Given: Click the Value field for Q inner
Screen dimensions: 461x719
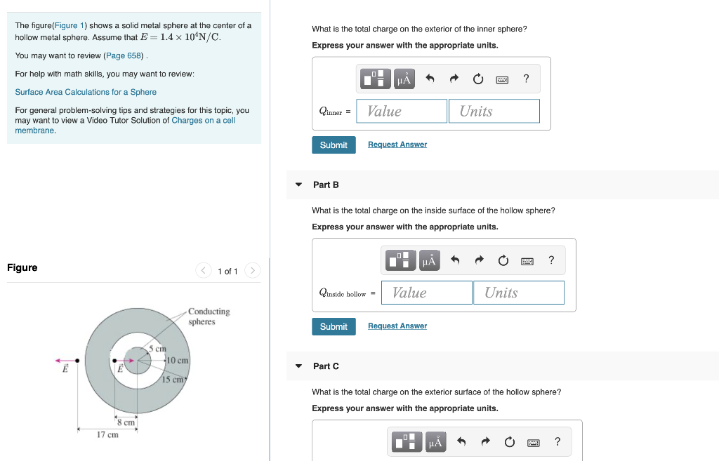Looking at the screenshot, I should pyautogui.click(x=401, y=111).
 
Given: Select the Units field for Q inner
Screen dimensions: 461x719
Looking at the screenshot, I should pyautogui.click(x=494, y=111).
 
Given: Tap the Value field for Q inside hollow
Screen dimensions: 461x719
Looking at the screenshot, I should pyautogui.click(x=426, y=293).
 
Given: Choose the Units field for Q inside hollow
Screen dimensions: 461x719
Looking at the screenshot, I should pyautogui.click(x=518, y=293).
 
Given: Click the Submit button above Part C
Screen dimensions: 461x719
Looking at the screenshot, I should pyautogui.click(x=334, y=326).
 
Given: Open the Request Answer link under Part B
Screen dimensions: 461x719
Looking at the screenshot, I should pyautogui.click(x=397, y=326).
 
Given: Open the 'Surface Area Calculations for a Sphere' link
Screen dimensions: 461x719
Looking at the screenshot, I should pyautogui.click(x=86, y=92).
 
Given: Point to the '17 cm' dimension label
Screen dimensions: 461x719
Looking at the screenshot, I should pyautogui.click(x=107, y=435).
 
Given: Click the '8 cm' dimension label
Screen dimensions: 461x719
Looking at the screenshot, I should pyautogui.click(x=126, y=422).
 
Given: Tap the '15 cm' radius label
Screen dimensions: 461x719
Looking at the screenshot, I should pyautogui.click(x=173, y=380).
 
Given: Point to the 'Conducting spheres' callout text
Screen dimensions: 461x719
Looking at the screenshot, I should pyautogui.click(x=209, y=316).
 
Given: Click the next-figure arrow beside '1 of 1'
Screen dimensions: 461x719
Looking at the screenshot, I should pyautogui.click(x=253, y=271).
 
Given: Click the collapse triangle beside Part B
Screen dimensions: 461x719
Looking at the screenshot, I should pyautogui.click(x=298, y=185).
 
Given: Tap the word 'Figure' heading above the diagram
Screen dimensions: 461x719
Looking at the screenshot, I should pyautogui.click(x=22, y=267).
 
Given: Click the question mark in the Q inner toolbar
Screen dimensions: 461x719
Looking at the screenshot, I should pyautogui.click(x=526, y=79).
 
